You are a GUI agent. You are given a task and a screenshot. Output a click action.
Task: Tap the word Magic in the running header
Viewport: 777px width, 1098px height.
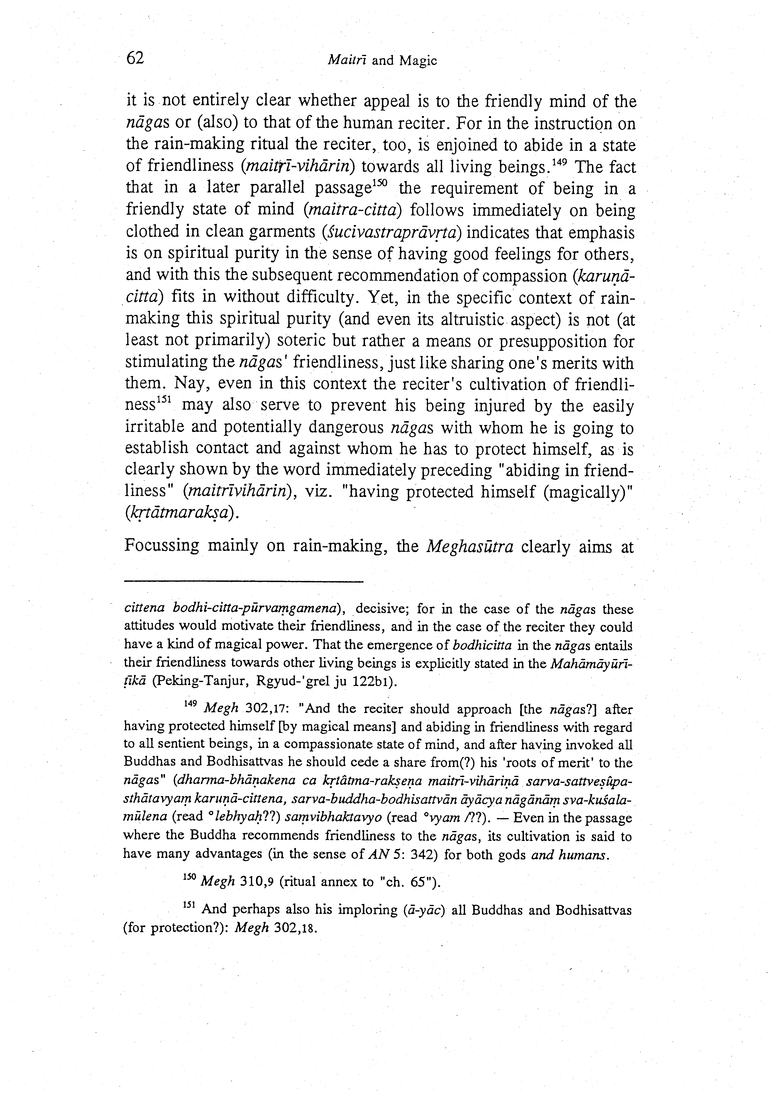418,61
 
